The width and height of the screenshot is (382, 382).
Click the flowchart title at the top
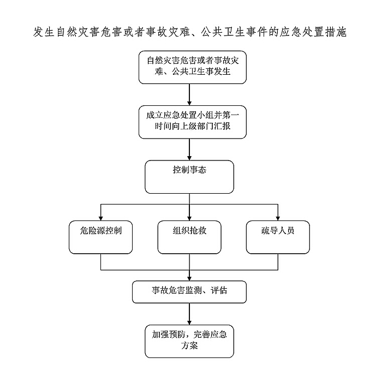(190, 32)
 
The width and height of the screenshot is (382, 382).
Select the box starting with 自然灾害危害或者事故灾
(193, 68)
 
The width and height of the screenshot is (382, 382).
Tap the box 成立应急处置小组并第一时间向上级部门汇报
(193, 122)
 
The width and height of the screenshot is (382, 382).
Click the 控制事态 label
(189, 170)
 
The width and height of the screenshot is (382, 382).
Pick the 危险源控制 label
(100, 230)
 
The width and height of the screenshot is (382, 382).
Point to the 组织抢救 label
(189, 230)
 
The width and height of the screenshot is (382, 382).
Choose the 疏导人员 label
(278, 230)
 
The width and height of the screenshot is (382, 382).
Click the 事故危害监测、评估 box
(189, 292)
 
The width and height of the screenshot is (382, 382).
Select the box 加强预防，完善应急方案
(189, 341)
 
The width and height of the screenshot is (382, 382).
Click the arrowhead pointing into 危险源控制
(100, 218)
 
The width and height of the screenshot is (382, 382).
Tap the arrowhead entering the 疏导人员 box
(278, 218)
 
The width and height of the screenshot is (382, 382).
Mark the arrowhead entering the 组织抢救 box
(189, 218)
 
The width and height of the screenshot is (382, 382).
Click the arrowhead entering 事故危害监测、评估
(189, 278)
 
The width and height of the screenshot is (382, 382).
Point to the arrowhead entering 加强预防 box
(189, 323)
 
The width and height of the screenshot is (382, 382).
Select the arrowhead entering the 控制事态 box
(189, 158)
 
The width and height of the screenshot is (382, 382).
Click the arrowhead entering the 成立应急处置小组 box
(189, 103)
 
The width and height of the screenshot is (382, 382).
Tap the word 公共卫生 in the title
(223, 32)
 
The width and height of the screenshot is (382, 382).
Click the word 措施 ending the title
(336, 32)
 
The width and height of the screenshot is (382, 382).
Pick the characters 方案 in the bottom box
(189, 345)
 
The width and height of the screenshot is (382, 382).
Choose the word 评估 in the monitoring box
(219, 290)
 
